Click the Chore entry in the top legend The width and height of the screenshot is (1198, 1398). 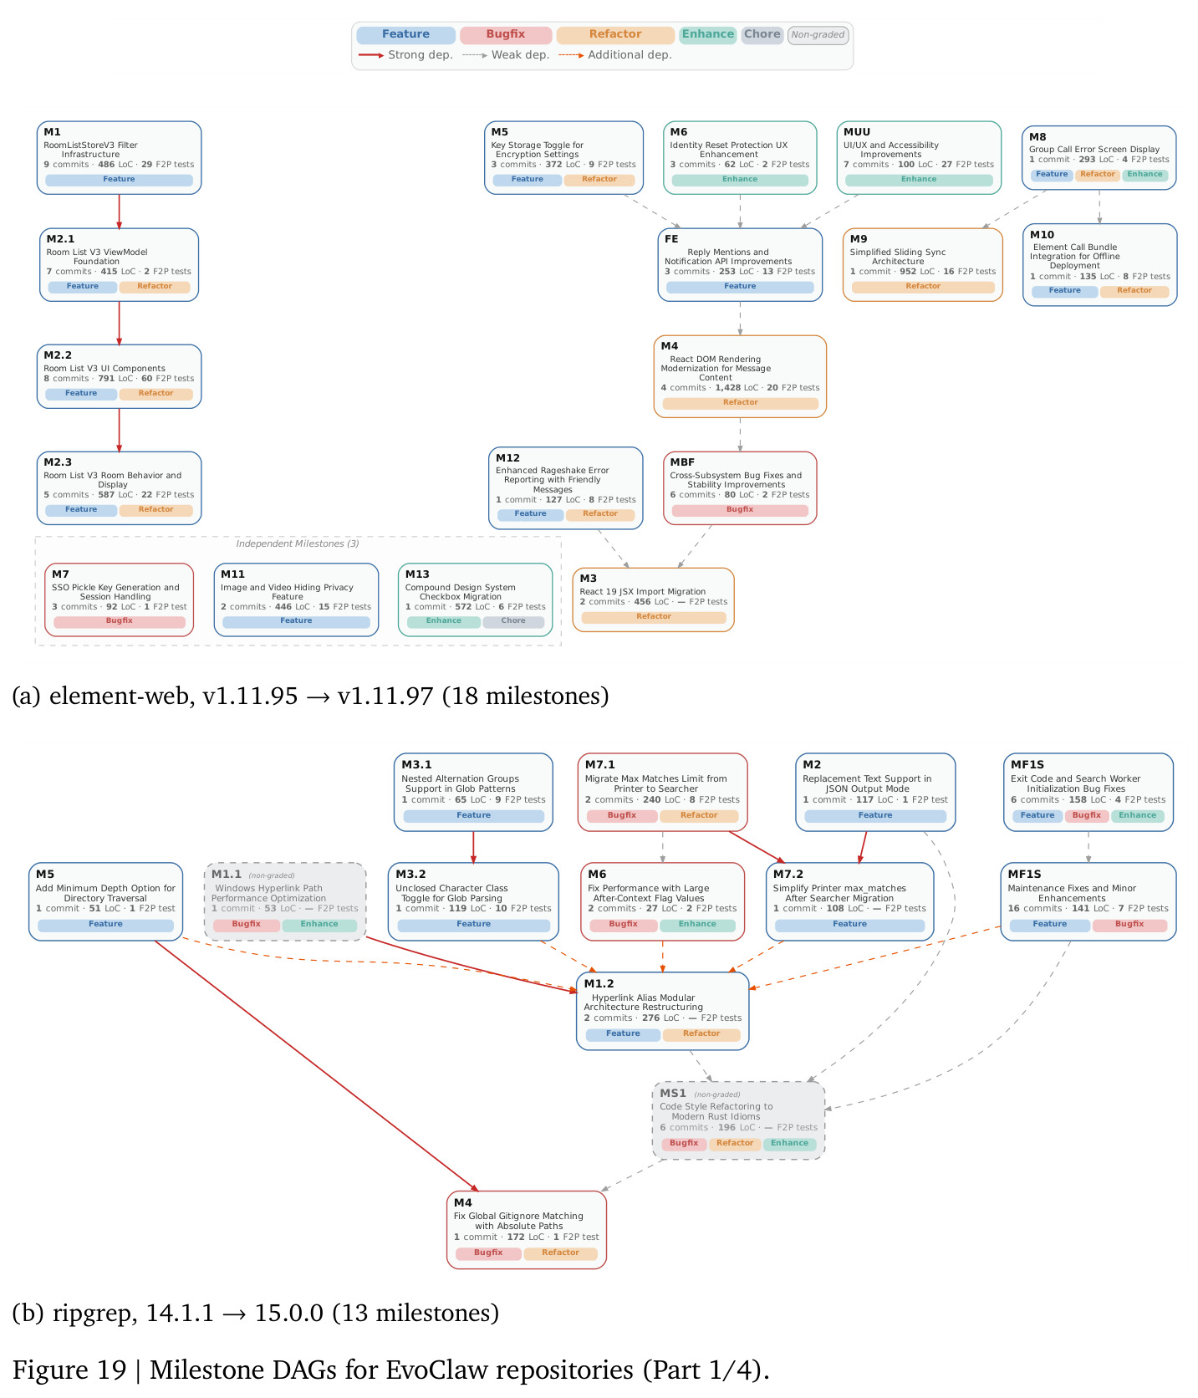tap(762, 34)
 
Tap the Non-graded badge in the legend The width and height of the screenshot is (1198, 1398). tap(818, 34)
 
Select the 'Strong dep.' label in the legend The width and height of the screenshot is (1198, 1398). tap(421, 54)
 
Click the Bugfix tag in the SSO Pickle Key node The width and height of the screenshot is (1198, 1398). tap(120, 621)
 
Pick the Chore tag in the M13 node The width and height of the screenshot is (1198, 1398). tap(513, 621)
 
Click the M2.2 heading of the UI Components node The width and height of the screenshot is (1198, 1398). tap(58, 355)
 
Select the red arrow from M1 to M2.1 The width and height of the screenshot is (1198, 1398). tap(119, 212)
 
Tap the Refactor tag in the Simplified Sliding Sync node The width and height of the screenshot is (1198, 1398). tap(923, 287)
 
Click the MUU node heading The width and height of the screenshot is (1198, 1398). tap(857, 132)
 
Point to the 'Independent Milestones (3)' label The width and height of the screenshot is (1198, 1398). tap(298, 543)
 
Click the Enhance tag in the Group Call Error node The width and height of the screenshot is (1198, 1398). tap(1144, 175)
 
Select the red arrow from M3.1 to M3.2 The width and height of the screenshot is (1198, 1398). tap(473, 847)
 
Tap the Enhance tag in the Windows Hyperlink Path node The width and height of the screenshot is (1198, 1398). tap(319, 925)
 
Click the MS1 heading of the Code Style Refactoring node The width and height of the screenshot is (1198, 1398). tap(673, 1093)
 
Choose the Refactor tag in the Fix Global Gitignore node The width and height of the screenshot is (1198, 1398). tap(560, 1253)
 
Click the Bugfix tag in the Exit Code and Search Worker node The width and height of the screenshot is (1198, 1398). tap(1087, 815)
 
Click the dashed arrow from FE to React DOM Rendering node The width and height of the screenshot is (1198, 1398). tap(740, 319)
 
